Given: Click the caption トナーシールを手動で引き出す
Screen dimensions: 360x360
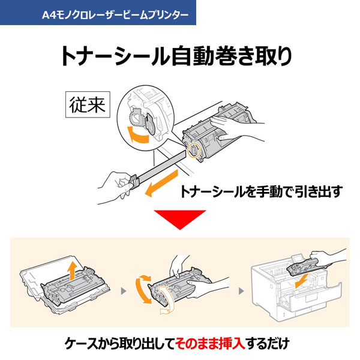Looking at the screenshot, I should [262, 192].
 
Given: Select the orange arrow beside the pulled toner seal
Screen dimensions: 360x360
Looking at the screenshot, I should [161, 182].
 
